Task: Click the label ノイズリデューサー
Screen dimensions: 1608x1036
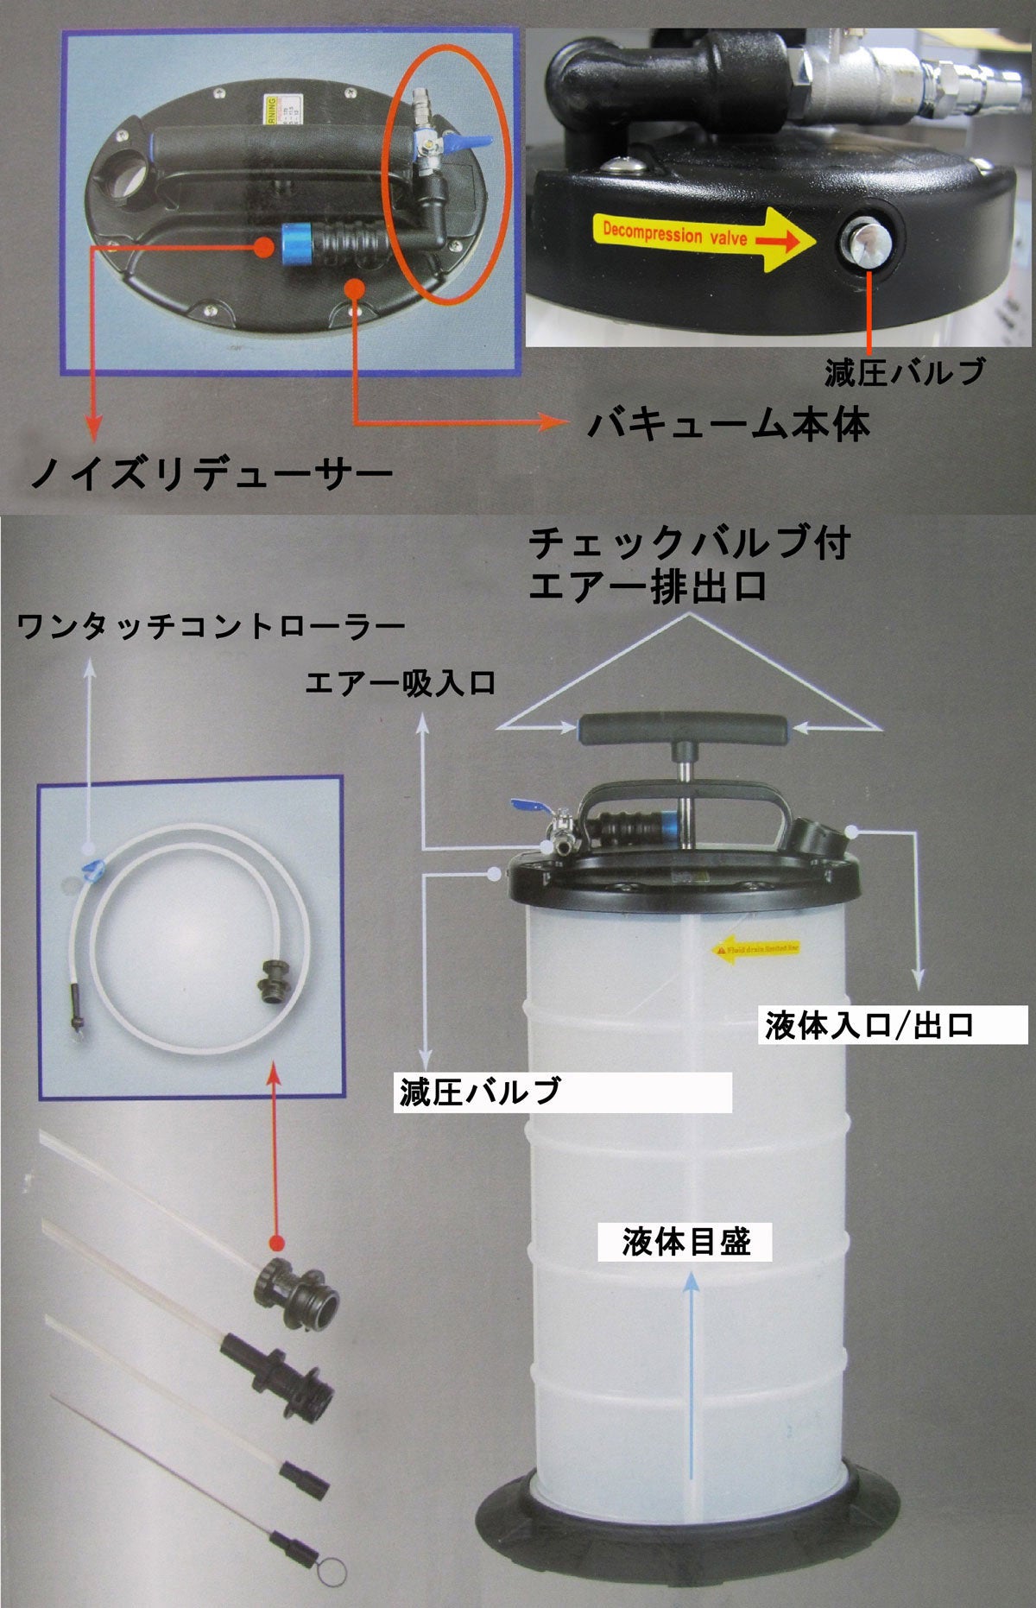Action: [211, 473]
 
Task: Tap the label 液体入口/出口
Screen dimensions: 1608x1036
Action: [869, 1025]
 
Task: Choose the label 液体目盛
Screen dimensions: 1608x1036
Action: [685, 1243]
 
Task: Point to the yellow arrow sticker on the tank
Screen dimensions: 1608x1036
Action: [756, 948]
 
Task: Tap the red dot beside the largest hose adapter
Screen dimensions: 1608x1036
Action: [275, 1243]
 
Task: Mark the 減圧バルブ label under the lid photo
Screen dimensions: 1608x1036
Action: [903, 371]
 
